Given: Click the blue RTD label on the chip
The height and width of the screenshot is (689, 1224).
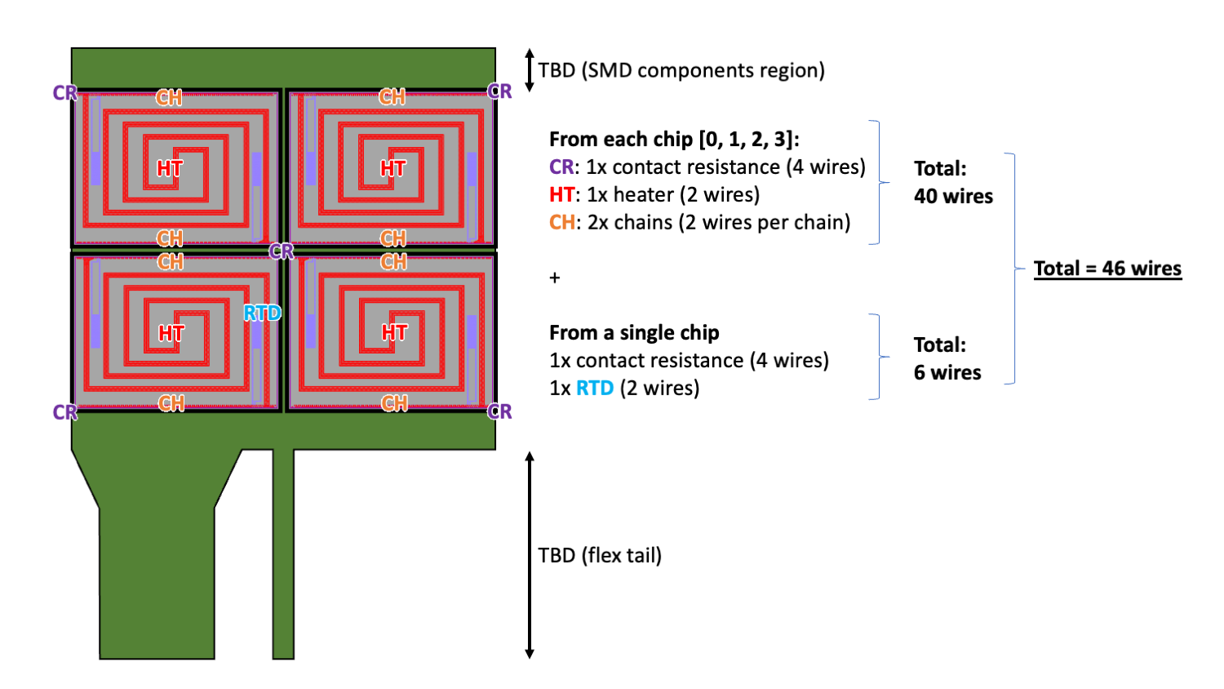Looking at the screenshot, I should point(262,313).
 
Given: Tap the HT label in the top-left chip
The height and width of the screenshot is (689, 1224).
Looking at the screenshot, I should point(170,168).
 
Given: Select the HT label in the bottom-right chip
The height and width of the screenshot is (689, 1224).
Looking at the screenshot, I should point(394,332).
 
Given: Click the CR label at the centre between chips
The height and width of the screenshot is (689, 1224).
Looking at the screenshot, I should point(281,251).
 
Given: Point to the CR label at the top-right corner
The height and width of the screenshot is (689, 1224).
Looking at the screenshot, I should point(499,91).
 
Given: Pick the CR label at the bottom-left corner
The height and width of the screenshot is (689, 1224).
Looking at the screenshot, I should point(64,412).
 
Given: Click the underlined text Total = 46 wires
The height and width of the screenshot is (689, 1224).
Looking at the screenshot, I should point(1107,269).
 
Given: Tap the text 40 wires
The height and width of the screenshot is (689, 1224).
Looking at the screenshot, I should point(953,196).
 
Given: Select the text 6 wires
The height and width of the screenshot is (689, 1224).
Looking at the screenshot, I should point(947,372).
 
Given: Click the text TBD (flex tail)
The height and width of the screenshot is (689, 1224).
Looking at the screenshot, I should point(600,555).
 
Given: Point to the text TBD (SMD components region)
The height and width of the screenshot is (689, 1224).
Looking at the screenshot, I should point(681,70).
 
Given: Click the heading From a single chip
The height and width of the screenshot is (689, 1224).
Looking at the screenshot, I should point(634,332).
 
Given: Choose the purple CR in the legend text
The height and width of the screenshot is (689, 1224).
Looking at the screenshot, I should point(561,167).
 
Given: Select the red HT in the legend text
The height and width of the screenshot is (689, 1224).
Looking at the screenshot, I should point(561,194).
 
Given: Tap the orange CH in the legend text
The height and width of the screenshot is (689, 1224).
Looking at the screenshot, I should point(562,222).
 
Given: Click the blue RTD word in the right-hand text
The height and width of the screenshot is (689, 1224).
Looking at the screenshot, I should point(595,388).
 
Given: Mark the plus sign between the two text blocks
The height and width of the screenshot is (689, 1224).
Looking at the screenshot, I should point(555,278).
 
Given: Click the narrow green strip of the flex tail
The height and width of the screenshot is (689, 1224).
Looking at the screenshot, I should point(283,555).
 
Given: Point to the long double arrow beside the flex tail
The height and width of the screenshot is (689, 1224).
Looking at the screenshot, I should point(530,555).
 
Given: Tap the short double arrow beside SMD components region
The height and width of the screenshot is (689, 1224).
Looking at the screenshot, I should point(530,70).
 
